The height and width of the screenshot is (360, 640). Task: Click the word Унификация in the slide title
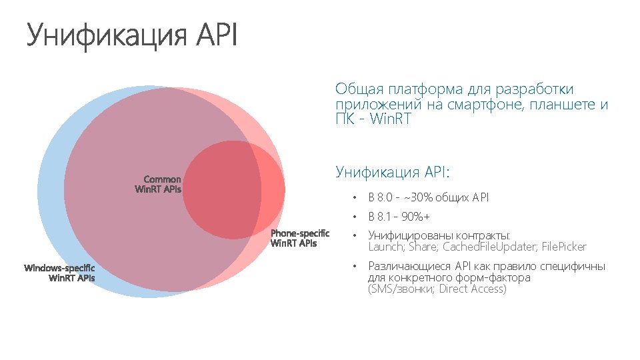pos(107,35)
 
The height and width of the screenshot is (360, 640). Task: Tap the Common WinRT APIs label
pos(159,184)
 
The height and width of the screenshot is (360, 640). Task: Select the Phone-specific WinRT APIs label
pos(300,238)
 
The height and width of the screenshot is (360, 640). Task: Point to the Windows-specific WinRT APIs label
pos(60,273)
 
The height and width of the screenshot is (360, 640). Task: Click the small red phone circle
pos(233,190)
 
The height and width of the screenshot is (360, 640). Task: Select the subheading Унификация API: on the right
pos(393,173)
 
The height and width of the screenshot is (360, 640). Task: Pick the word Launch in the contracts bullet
pos(385,247)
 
